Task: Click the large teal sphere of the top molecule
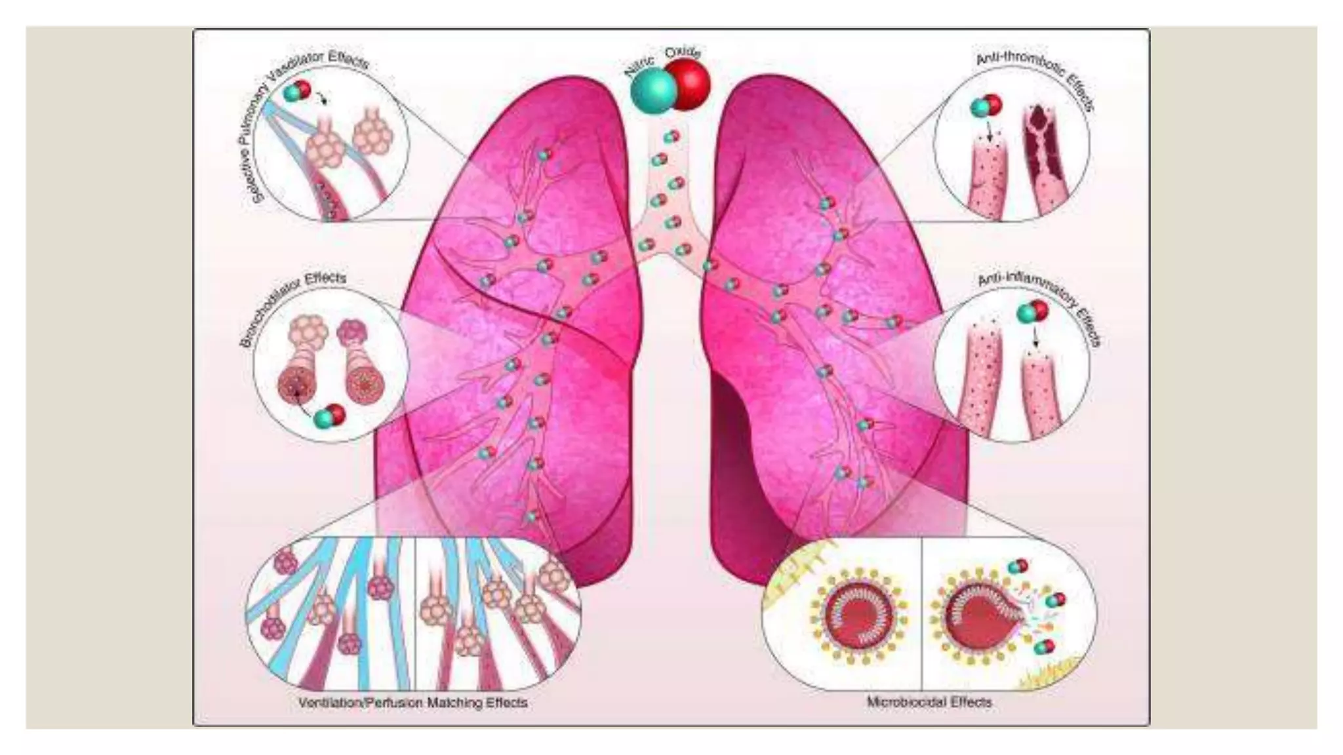pyautogui.click(x=652, y=90)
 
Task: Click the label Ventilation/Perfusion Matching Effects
pyautogui.click(x=412, y=703)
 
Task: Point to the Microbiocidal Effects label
pyautogui.click(x=929, y=702)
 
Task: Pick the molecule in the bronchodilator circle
pyautogui.click(x=329, y=416)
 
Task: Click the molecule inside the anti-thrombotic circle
pyautogui.click(x=986, y=106)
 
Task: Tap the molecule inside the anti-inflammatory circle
pyautogui.click(x=1032, y=312)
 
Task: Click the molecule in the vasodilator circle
pyautogui.click(x=297, y=90)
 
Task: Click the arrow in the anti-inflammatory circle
pyautogui.click(x=1035, y=338)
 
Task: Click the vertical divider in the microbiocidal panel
pyautogui.click(x=922, y=613)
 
